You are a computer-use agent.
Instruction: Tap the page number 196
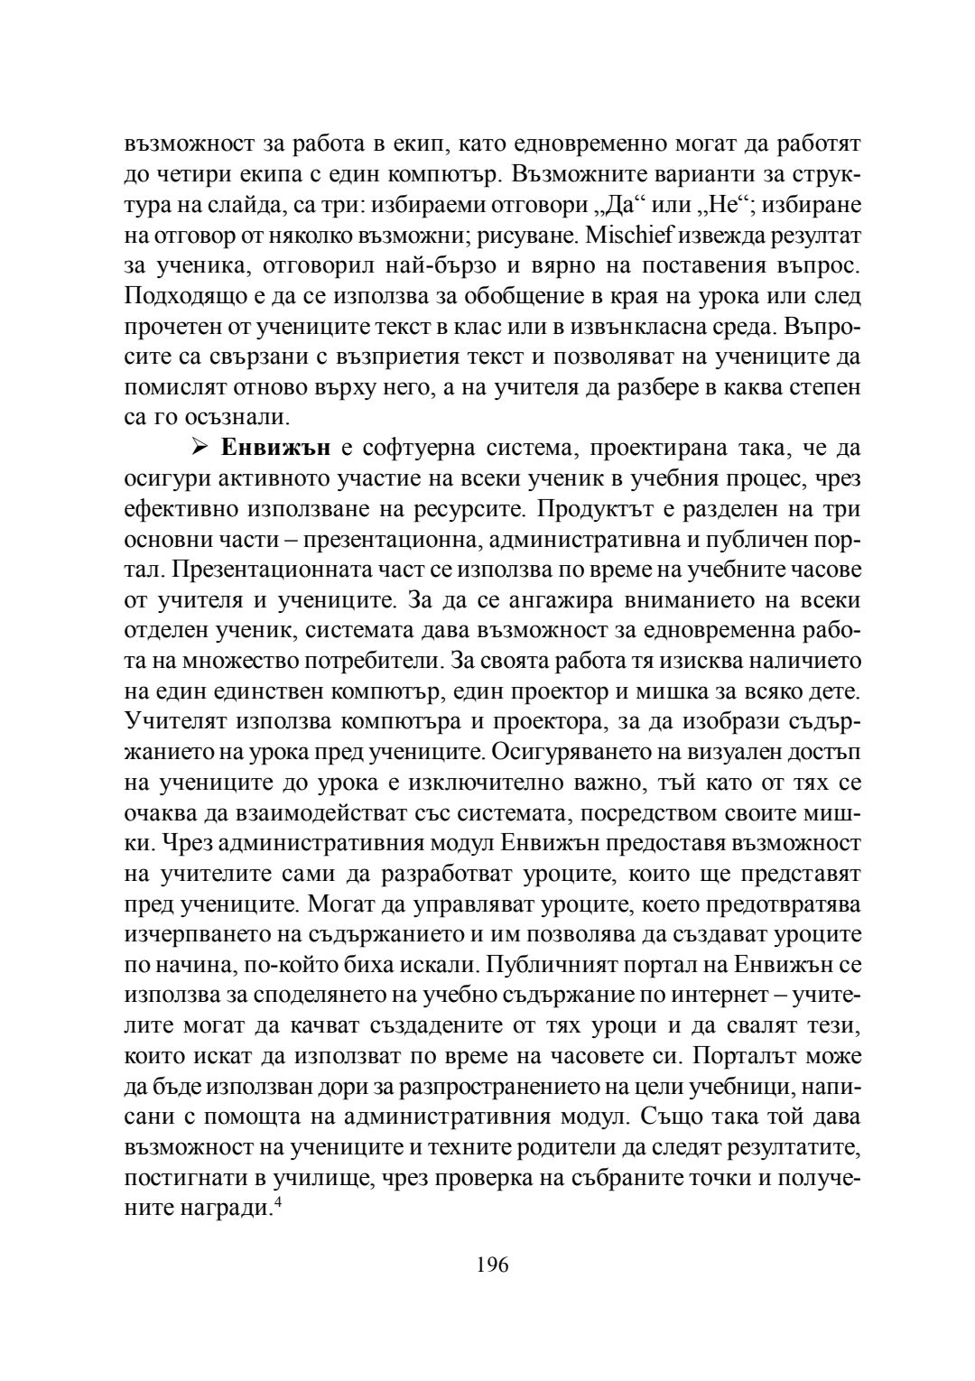[x=493, y=1265]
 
